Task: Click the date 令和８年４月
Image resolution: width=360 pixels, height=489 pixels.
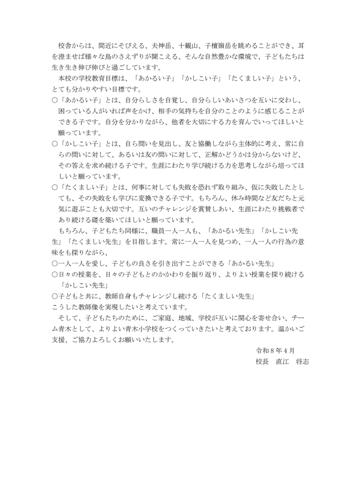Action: coord(275,351)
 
